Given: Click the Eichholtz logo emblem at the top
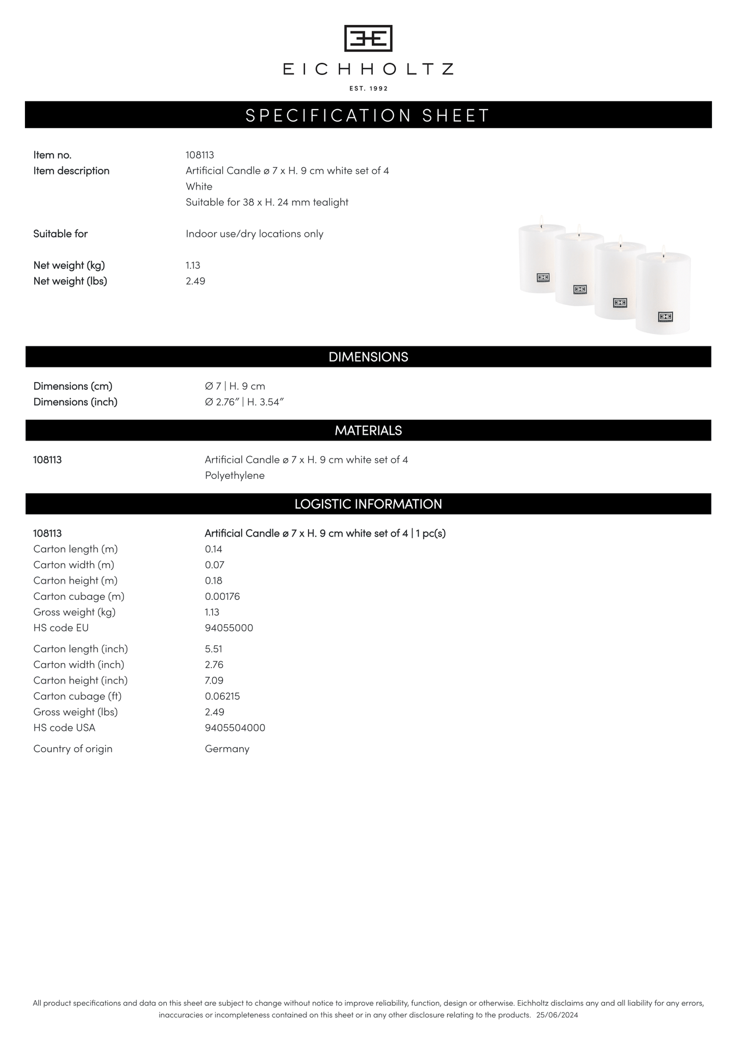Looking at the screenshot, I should click(368, 38).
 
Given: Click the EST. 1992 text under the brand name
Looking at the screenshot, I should click(368, 89).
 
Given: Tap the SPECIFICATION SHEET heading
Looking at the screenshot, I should click(368, 115).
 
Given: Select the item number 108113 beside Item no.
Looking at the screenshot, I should click(199, 155).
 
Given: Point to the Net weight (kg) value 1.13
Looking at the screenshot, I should click(193, 265).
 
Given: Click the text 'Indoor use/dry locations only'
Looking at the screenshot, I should click(255, 234).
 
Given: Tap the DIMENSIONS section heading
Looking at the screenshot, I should click(368, 357).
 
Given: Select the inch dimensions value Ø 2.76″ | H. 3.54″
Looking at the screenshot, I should click(244, 402).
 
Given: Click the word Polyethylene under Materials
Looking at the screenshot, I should click(235, 475).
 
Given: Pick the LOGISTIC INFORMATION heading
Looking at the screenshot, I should click(368, 504).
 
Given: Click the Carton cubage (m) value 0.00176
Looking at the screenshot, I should click(222, 596).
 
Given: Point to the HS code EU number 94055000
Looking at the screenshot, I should click(228, 628).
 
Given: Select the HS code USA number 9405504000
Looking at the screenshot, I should click(235, 728).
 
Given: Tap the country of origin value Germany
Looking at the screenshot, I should click(227, 749).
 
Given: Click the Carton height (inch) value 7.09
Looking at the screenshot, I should click(214, 680).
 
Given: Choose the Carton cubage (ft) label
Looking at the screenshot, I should click(78, 696).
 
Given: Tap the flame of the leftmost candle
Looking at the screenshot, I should click(541, 220).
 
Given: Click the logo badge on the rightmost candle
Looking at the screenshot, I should click(665, 317).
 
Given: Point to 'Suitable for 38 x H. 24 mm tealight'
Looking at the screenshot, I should click(267, 202).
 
